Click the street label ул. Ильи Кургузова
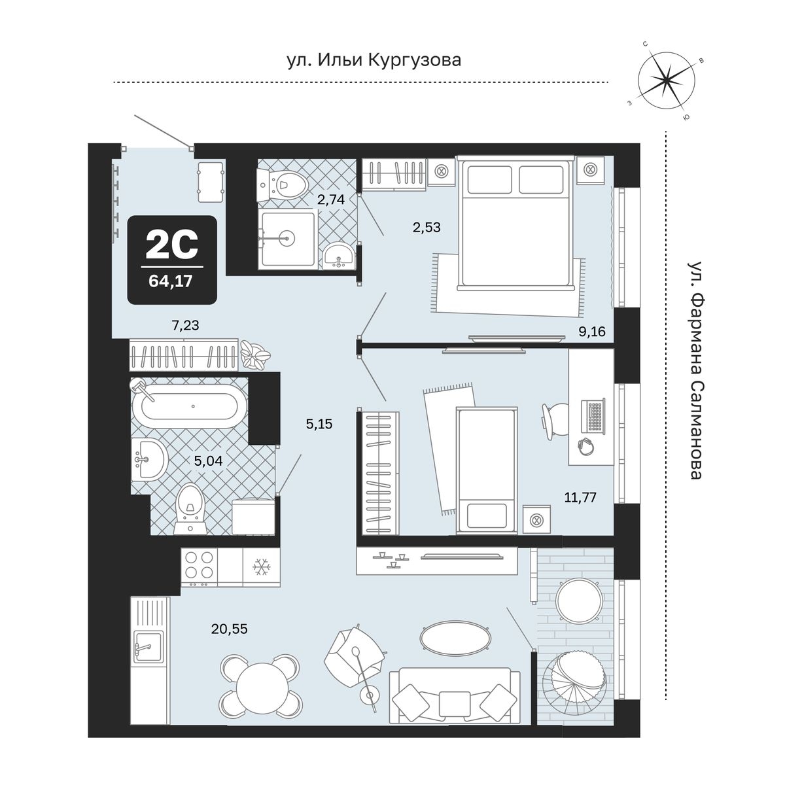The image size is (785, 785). [374, 60]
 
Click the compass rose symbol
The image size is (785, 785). [666, 82]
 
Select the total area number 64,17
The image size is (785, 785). [171, 281]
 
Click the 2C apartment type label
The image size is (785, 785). [171, 244]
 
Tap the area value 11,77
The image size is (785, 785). [580, 497]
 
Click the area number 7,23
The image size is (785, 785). [185, 325]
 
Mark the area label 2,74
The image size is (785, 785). [331, 200]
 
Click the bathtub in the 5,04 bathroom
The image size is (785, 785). [189, 406]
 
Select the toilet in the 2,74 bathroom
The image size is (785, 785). [282, 185]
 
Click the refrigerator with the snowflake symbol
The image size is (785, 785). [262, 567]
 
